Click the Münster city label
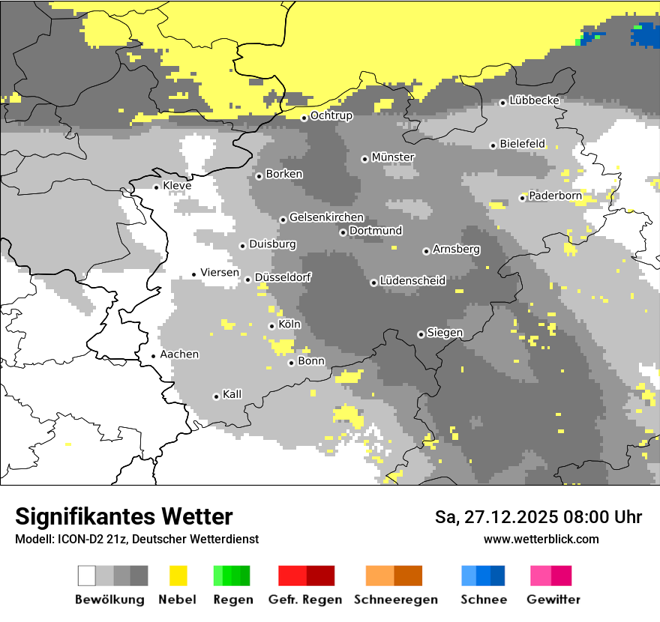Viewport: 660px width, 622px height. coord(393,157)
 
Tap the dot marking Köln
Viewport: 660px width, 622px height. coord(271,326)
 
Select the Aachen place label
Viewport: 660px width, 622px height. coord(179,354)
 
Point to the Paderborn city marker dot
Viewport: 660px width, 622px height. coord(523,198)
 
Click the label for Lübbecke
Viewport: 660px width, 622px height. coord(535,100)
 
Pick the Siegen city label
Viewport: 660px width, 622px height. coord(445,333)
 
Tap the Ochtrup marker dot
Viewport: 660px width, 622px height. coord(304,118)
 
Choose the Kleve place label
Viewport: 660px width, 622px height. coord(177,186)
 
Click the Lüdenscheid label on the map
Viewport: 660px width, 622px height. coord(412,281)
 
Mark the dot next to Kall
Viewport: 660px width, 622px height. coord(217,396)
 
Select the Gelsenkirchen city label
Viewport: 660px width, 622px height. coord(326,217)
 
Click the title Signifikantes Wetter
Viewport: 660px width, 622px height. coord(124,517)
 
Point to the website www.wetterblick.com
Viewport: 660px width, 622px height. coord(541,540)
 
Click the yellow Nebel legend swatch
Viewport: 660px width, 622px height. coord(178,576)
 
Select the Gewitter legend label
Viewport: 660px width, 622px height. coord(553,600)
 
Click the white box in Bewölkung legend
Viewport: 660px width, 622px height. coord(87,576)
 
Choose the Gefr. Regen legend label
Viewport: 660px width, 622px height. coord(305,600)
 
